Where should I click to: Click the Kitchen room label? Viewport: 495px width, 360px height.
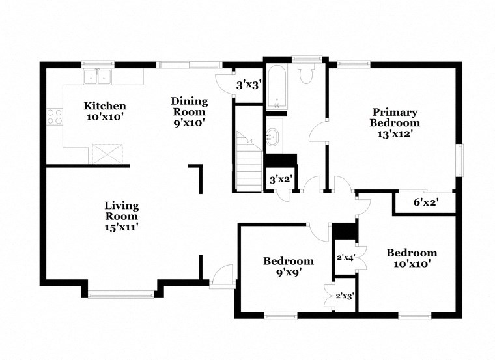(104, 106)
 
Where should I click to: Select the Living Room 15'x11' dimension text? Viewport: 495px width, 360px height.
(122, 227)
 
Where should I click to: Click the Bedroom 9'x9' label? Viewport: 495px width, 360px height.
(288, 261)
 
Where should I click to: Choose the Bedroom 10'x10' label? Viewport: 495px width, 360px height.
(412, 253)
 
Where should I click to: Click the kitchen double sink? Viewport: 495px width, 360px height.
(98, 76)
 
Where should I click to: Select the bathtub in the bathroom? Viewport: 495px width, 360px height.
(276, 86)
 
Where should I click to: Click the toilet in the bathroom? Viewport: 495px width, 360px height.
(306, 73)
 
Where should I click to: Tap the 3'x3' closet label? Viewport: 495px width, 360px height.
(248, 85)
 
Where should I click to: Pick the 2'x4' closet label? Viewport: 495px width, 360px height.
(344, 256)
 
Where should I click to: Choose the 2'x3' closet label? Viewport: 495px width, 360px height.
(344, 296)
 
